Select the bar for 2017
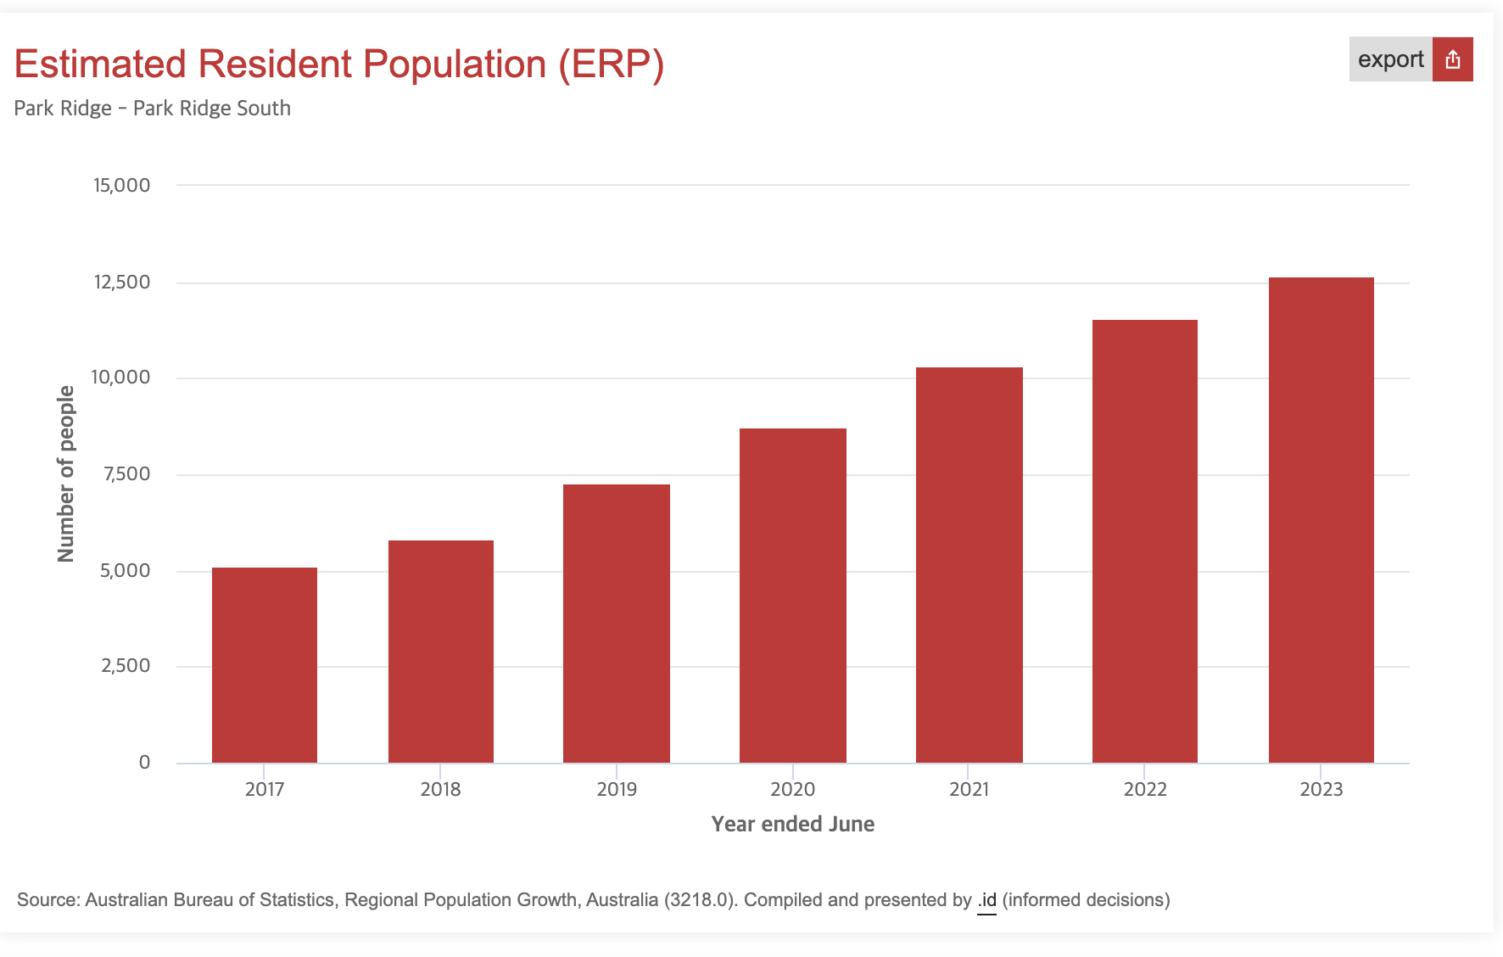[x=265, y=665]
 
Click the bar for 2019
[x=617, y=624]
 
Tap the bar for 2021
[x=969, y=565]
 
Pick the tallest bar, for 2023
[x=1321, y=520]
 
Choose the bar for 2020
[x=793, y=596]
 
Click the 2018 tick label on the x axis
[x=440, y=789]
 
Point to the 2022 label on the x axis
[x=1145, y=789]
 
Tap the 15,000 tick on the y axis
[x=121, y=185]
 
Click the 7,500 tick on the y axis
[x=126, y=474]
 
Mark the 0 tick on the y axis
[x=144, y=762]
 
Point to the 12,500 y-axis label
[x=121, y=282]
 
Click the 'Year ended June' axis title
[x=792, y=824]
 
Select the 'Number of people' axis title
[x=66, y=473]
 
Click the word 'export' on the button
[x=1390, y=59]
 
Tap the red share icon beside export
[x=1453, y=59]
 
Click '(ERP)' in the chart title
[x=611, y=64]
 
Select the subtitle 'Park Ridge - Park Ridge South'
[x=153, y=109]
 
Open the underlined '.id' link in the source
[x=986, y=900]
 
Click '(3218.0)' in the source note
[x=699, y=900]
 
